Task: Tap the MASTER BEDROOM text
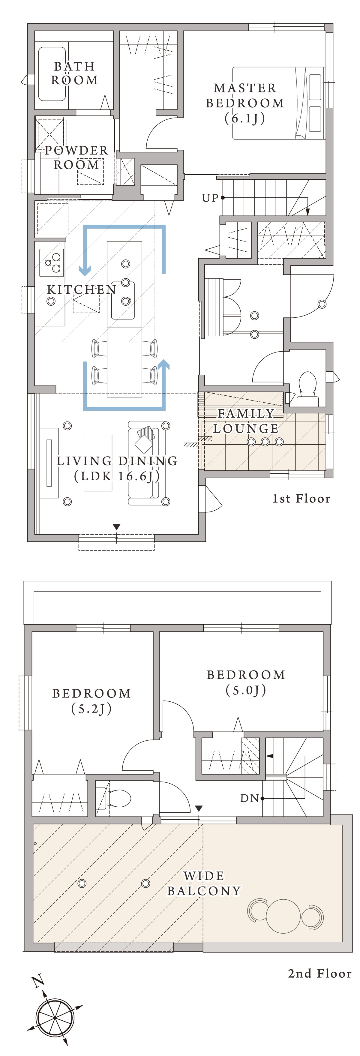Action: pos(245,95)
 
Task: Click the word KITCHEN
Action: pos(82,289)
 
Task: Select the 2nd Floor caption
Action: pos(320,973)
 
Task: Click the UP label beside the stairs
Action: pos(210,198)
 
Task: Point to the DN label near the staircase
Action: pos(249,798)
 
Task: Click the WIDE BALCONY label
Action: pos(204,883)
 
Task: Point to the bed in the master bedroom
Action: pos(278,103)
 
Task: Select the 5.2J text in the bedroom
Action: pos(91,708)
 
